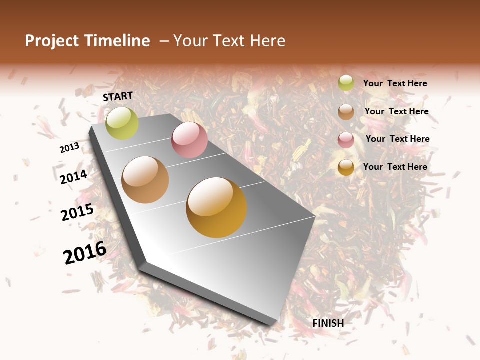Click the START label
[118, 96]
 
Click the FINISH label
[328, 323]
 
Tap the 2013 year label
[69, 148]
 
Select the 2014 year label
[74, 177]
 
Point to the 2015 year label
[77, 212]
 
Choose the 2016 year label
[85, 252]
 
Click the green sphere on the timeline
[122, 123]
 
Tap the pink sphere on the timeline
[189, 139]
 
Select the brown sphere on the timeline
[145, 180]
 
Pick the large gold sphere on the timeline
[216, 207]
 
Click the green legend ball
[346, 83]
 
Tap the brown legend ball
[346, 112]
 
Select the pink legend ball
[346, 139]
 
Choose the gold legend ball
[346, 167]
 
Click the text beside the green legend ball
[395, 83]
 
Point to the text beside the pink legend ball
[397, 139]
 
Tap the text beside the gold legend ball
[395, 167]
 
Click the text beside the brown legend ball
[396, 111]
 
